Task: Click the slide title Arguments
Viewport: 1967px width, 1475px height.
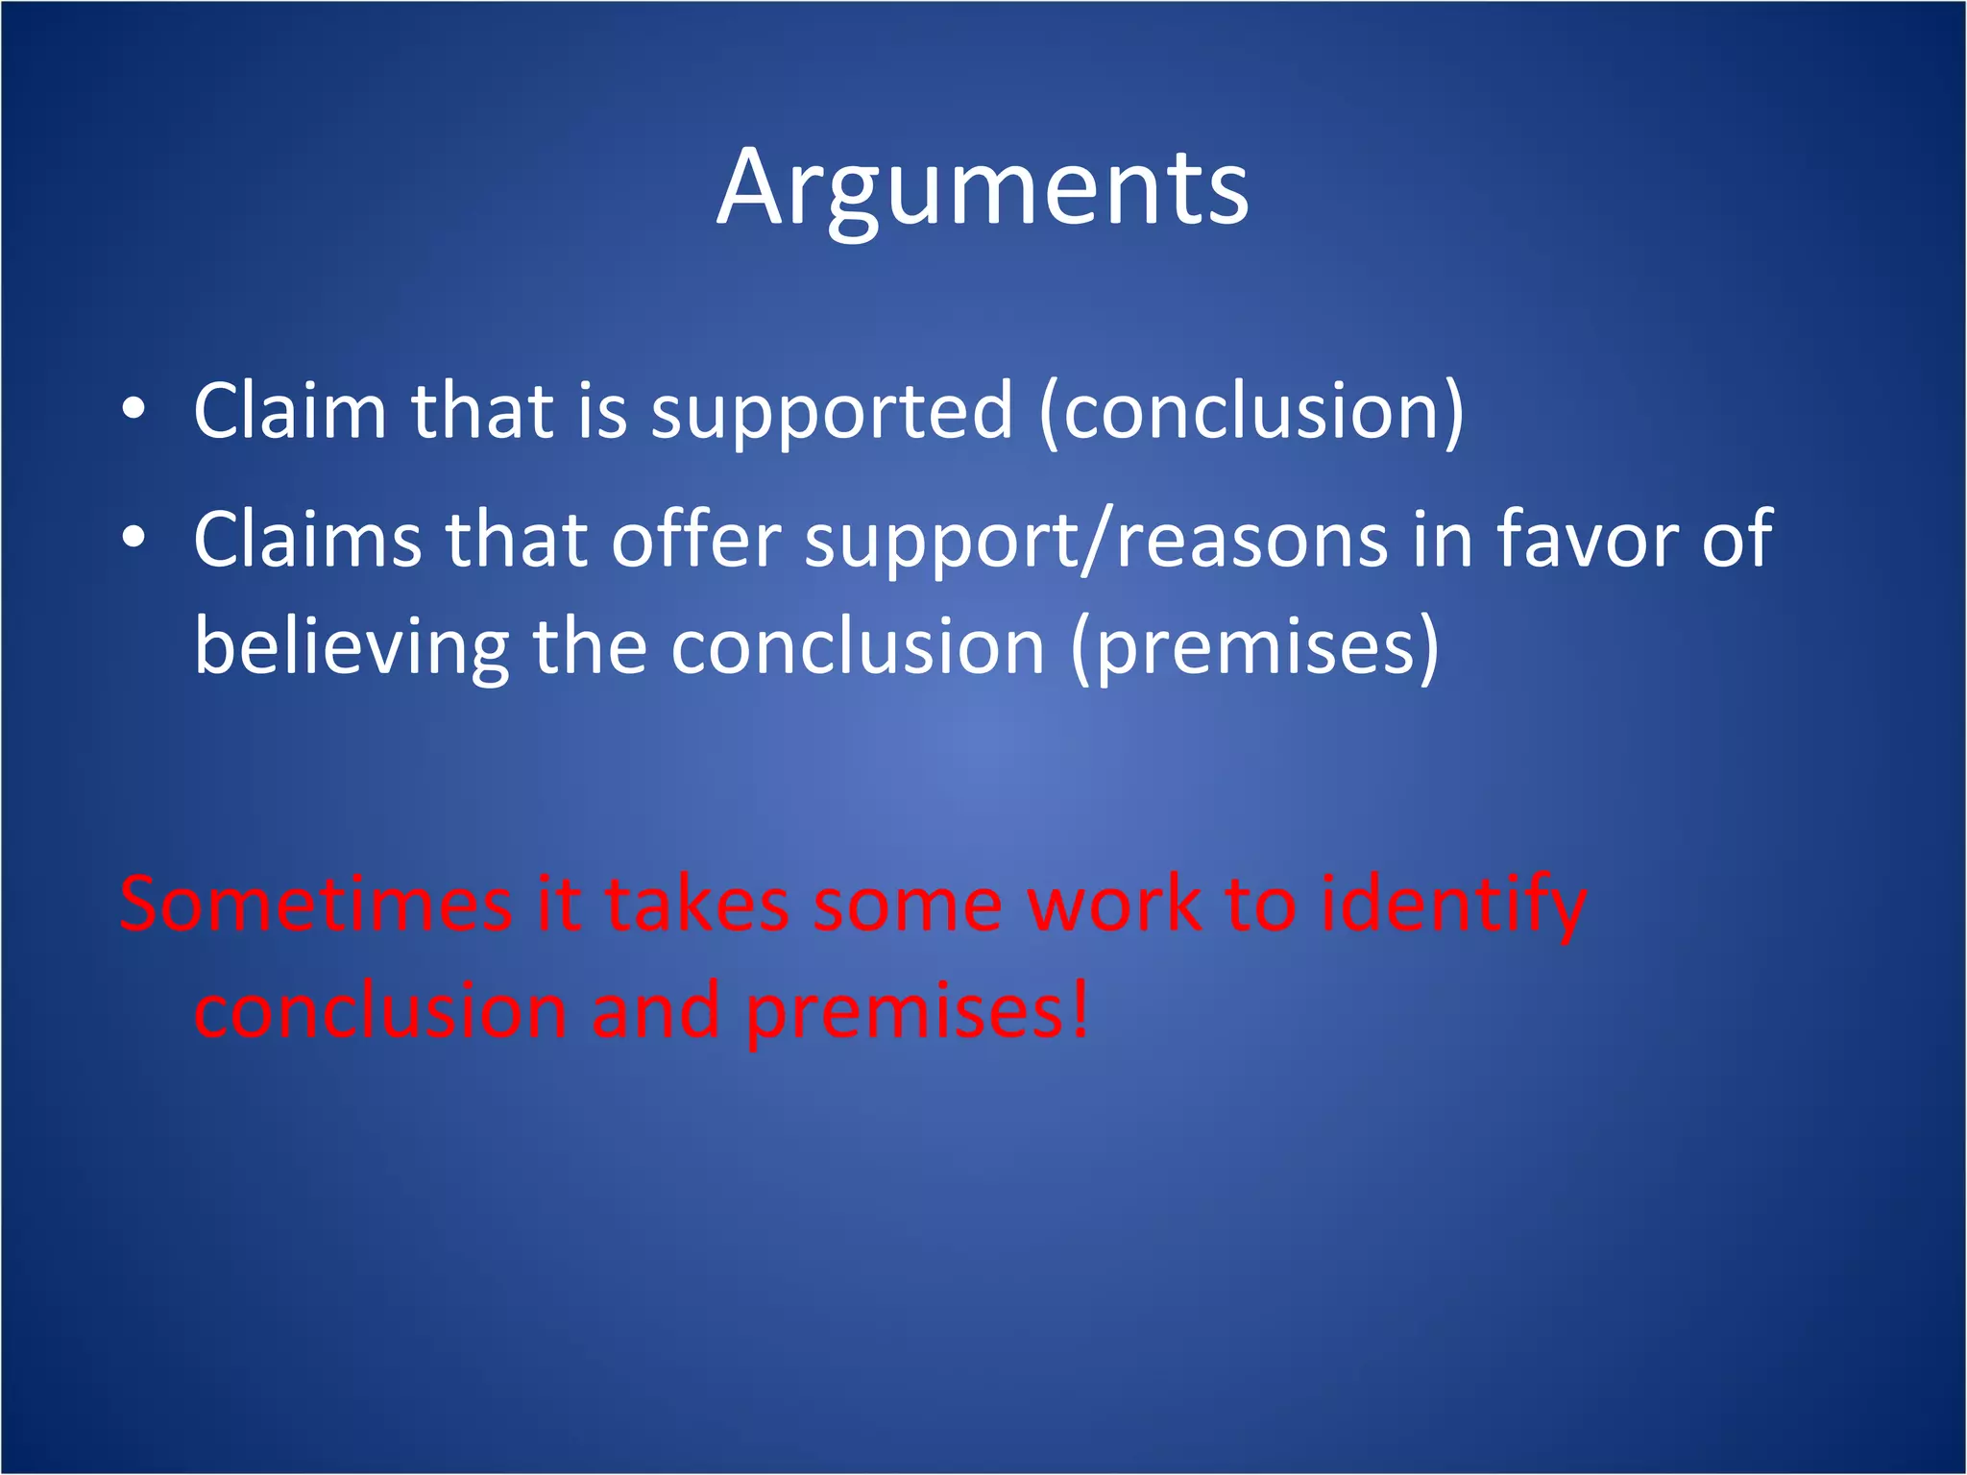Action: [983, 189]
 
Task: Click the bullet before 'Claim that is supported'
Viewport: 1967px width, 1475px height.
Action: [134, 410]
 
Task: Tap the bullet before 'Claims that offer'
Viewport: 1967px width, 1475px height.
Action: [134, 538]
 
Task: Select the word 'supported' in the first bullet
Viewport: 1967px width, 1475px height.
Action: [832, 413]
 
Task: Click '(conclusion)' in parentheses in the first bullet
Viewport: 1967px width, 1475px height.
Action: [1251, 413]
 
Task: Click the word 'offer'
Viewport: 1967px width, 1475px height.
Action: [697, 540]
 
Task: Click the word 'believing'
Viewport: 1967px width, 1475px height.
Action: [352, 648]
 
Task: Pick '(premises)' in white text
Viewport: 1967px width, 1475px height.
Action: [1254, 648]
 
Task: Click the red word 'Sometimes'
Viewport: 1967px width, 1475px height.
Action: [316, 905]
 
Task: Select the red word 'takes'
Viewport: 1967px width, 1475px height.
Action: [696, 905]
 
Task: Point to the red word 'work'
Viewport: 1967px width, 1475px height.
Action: [1113, 905]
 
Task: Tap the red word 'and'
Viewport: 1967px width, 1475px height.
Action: [656, 1011]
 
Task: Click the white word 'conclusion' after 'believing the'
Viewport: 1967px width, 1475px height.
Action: [857, 648]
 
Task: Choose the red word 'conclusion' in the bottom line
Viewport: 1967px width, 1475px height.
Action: [381, 1011]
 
